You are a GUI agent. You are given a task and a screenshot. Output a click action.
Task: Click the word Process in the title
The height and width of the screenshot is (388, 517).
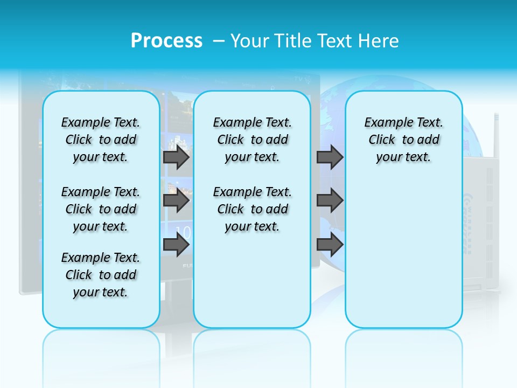(166, 41)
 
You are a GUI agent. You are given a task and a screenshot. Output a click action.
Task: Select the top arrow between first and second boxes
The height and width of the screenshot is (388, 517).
(176, 157)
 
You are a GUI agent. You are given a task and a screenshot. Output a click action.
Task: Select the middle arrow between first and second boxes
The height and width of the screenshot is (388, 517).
(176, 201)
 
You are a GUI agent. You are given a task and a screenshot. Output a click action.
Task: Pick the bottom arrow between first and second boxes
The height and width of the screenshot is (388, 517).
(176, 245)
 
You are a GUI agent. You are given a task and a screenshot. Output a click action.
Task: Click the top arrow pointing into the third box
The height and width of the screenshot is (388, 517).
(330, 157)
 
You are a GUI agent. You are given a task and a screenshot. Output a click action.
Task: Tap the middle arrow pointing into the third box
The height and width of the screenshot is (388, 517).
(330, 201)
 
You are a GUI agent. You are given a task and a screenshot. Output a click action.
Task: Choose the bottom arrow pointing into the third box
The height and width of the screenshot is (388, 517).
(330, 245)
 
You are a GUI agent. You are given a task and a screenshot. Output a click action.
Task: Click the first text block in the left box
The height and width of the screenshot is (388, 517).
(101, 140)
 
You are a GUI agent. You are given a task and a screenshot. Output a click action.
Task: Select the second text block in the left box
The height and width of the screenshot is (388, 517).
(101, 209)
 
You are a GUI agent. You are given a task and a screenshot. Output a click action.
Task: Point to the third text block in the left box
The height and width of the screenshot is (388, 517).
(101, 275)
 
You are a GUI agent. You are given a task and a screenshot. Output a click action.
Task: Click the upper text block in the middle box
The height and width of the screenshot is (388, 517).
(253, 140)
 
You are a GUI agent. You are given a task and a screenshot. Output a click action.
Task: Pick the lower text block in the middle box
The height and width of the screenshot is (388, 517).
(253, 209)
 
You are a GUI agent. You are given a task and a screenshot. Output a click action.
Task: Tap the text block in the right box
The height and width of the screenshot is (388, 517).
(404, 140)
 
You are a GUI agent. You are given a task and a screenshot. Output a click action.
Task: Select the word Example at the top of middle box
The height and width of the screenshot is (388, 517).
(232, 122)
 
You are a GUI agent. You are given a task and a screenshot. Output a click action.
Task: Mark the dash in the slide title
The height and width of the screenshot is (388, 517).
(219, 41)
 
